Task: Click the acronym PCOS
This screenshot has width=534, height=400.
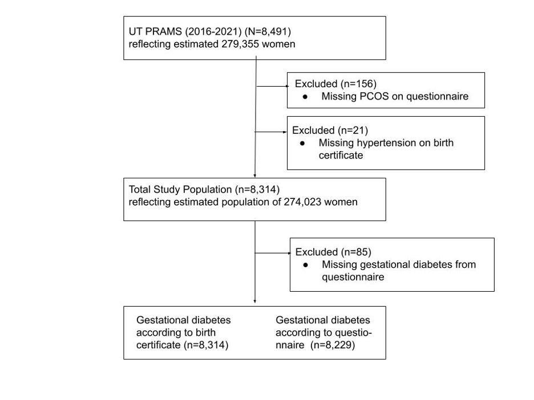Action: [x=374, y=96]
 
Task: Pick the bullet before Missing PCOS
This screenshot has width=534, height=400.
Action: [x=305, y=97]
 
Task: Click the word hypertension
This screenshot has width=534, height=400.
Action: [x=387, y=143]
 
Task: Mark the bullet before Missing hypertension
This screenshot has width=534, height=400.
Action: [x=302, y=144]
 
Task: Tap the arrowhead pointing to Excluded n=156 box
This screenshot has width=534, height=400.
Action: [x=287, y=87]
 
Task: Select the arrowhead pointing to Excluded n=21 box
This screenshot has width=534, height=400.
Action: [x=285, y=132]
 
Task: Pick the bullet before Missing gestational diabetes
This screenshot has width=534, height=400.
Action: [x=305, y=265]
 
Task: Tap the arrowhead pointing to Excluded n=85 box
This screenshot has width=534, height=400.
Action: [x=289, y=253]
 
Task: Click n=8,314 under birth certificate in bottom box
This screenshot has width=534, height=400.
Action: [x=206, y=345]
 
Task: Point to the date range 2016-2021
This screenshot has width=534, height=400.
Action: [x=213, y=32]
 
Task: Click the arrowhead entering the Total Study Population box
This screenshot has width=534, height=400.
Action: [x=255, y=175]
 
